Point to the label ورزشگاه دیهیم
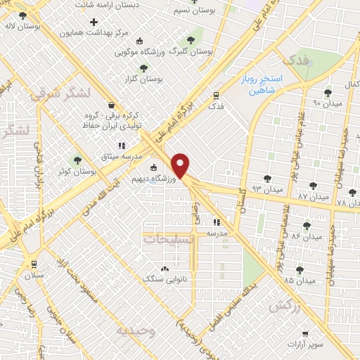[174, 179]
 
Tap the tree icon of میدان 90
[327, 92]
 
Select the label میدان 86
[296, 236]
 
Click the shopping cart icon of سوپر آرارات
[304, 335]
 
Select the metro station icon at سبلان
[33, 264]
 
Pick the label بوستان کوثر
[77, 171]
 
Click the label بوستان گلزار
[144, 79]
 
